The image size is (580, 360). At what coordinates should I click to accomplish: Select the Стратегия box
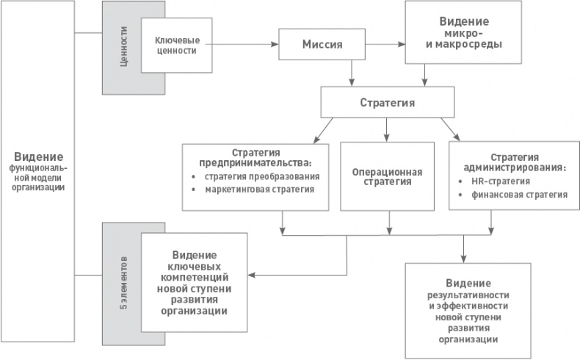pos(387,102)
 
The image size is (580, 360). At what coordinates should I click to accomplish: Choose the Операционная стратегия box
pos(387,176)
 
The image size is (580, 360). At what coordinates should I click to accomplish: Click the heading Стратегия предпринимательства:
pos(261,156)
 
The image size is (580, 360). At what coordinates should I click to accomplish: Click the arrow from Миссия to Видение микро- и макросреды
pos(385,46)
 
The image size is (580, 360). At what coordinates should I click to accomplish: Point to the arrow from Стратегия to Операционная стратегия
pos(387,129)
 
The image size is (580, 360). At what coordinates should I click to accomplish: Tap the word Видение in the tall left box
pos(39,157)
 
